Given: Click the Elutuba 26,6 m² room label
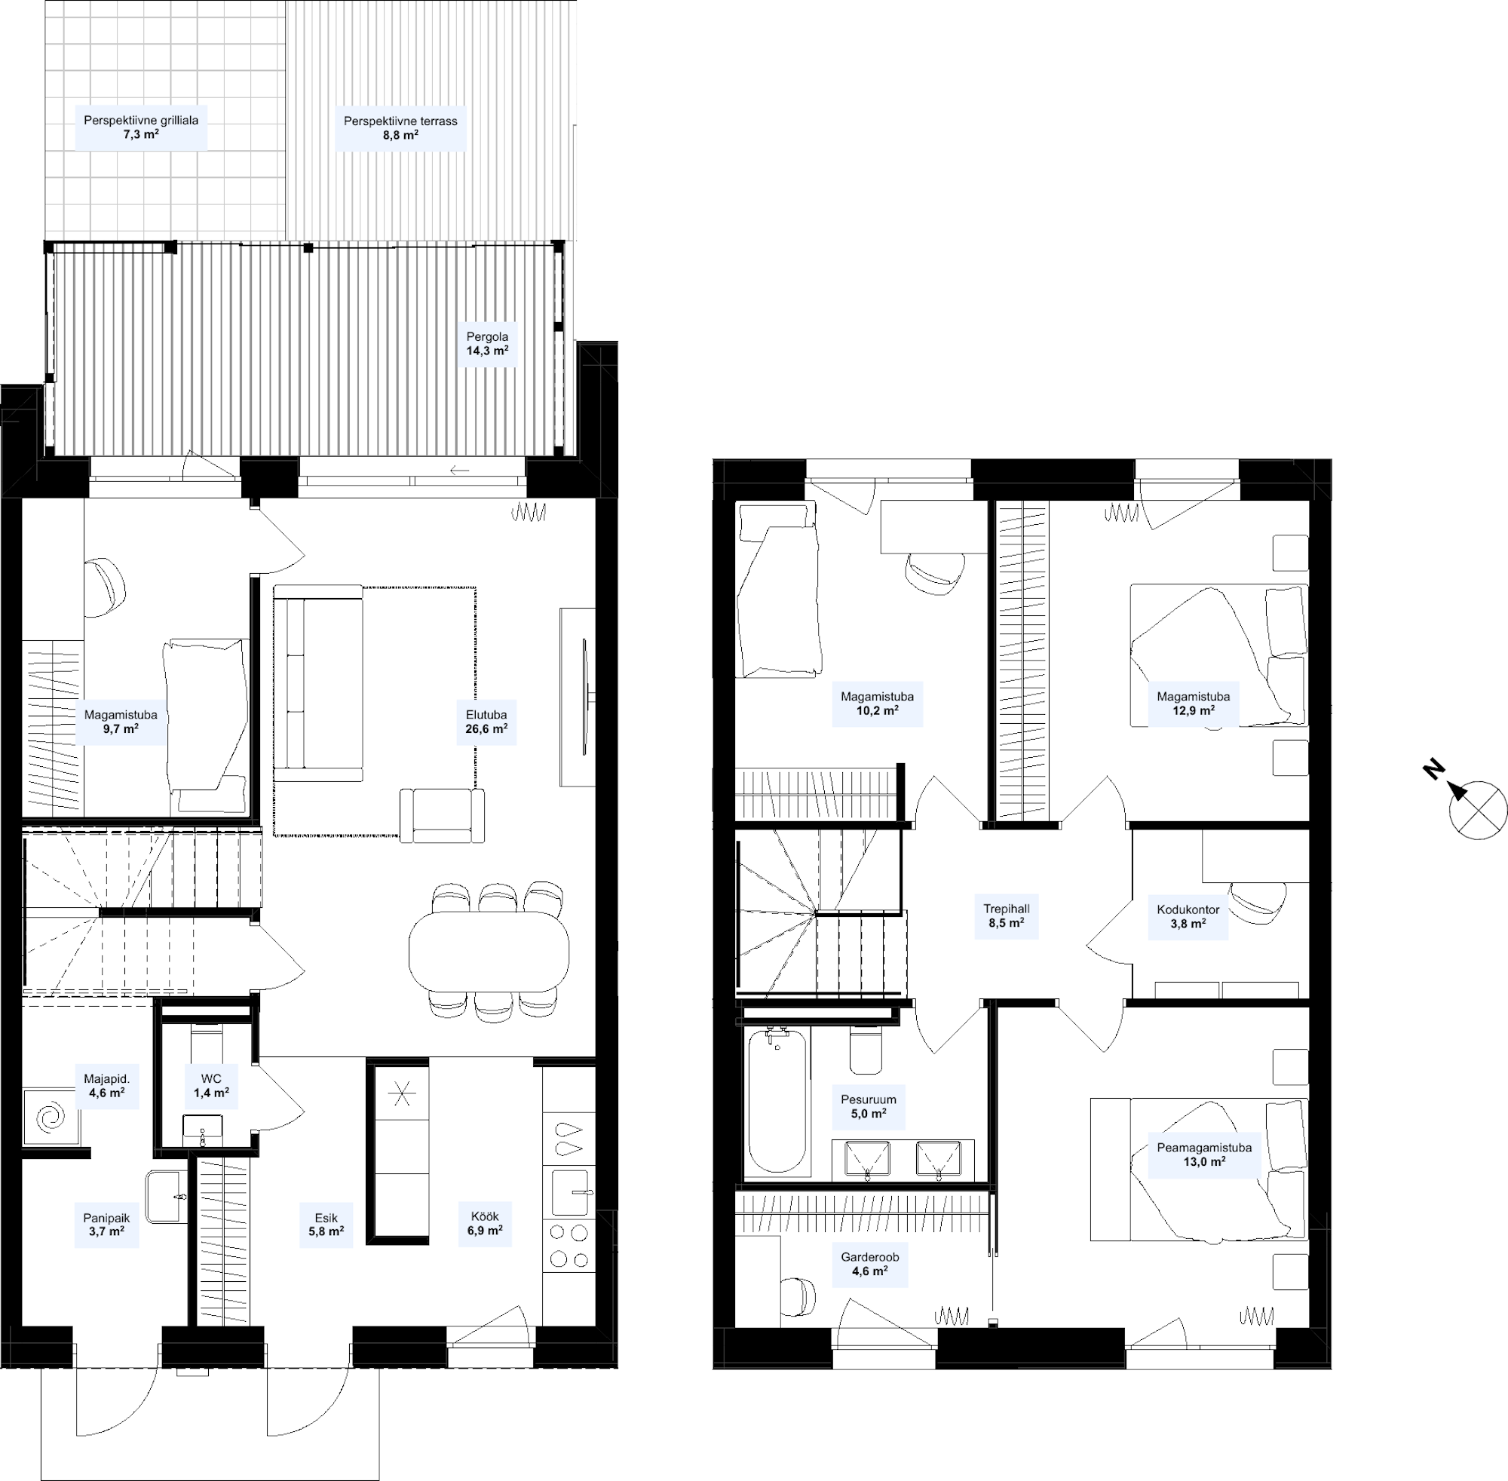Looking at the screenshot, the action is [x=486, y=722].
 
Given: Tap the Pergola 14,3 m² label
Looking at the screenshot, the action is [x=488, y=344].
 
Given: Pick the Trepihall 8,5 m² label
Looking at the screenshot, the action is [x=1007, y=916].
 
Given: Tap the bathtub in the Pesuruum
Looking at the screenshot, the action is [x=777, y=1100].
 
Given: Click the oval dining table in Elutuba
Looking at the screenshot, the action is [x=489, y=952].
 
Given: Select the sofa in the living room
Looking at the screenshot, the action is [x=318, y=683].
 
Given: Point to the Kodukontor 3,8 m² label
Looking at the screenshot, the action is [x=1188, y=916].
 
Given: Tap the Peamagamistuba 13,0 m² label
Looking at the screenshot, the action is [x=1205, y=1154].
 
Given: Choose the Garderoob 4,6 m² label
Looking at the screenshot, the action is [x=869, y=1264].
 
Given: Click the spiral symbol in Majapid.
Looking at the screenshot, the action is [x=51, y=1117].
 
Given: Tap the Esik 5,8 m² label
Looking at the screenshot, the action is [x=326, y=1225].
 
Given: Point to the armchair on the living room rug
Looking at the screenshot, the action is [x=442, y=815].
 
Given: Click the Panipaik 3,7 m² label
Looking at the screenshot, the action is [x=106, y=1225].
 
